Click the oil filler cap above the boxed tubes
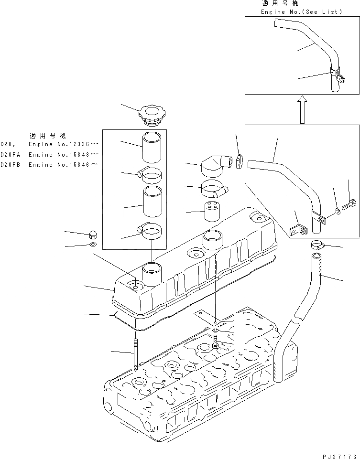tap(152, 116)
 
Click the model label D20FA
tap(11, 154)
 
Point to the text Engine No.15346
tap(64, 165)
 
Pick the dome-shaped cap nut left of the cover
tap(94, 234)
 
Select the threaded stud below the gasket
tap(136, 354)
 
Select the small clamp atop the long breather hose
tap(316, 246)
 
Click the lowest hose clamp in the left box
tap(151, 232)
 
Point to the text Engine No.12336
tap(64, 144)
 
